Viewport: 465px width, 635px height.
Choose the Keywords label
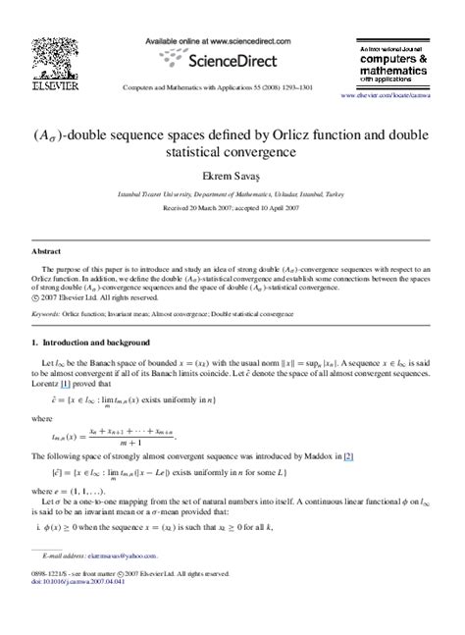pos(46,314)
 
